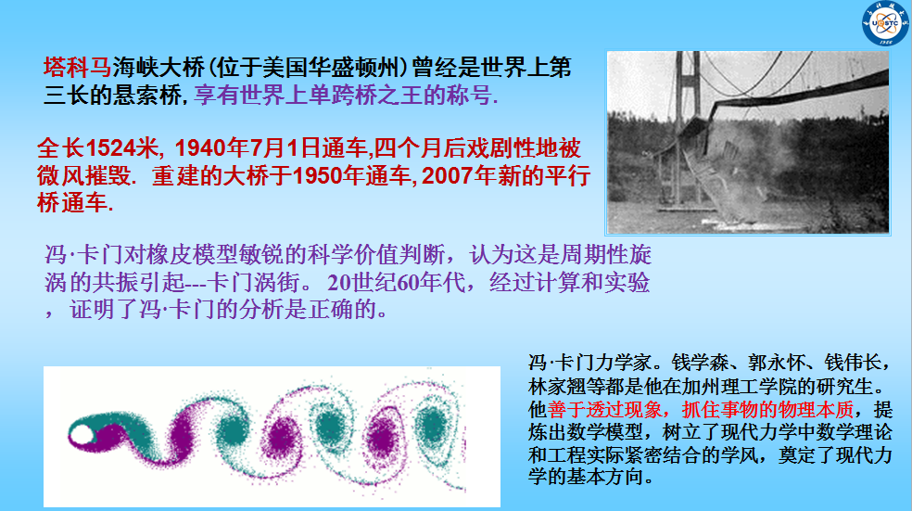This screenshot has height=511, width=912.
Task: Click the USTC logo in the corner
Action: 885,23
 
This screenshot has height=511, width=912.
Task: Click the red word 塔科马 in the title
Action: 77,68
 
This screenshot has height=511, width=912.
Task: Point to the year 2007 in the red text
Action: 448,176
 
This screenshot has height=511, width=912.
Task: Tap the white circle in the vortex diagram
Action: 81,435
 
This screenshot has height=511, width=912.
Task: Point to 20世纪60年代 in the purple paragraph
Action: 397,282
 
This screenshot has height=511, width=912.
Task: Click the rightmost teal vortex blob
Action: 434,425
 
